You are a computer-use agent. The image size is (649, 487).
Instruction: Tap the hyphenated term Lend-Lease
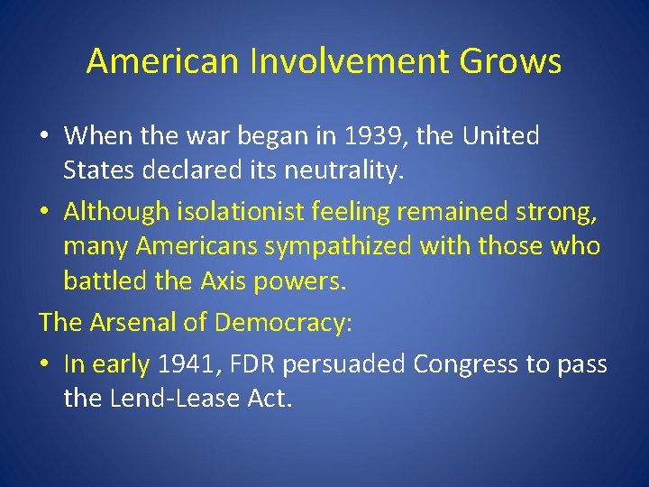184,398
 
